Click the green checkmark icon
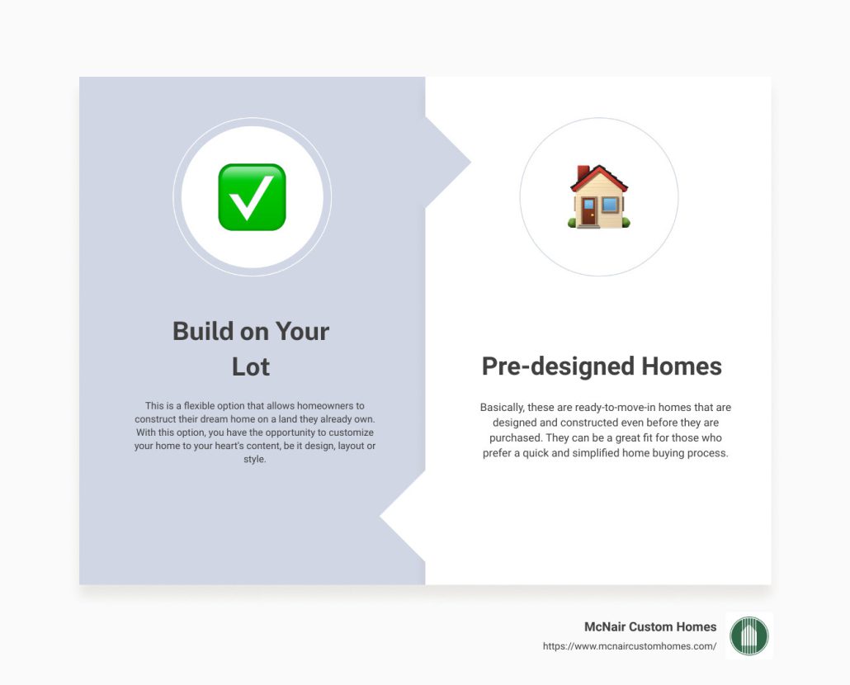click(252, 196)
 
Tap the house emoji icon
click(599, 196)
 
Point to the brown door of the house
click(588, 213)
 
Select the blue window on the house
click(610, 205)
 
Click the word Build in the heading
click(202, 331)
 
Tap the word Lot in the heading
click(251, 366)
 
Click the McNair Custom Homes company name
click(650, 627)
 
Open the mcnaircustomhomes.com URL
click(630, 647)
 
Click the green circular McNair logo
click(749, 635)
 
